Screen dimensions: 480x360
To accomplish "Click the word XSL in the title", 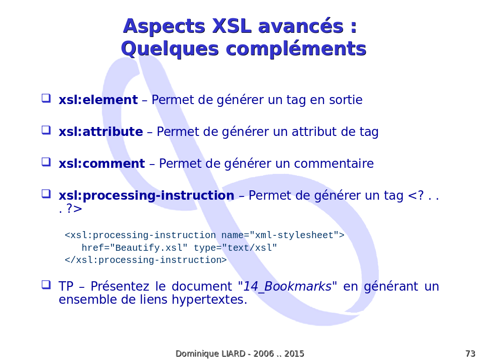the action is (x=232, y=26).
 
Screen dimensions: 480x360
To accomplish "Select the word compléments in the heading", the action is (x=296, y=49).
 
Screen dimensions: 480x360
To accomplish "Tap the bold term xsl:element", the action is (x=98, y=100).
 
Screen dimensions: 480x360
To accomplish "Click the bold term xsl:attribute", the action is (x=101, y=132).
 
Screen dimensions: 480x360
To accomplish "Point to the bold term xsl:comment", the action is (x=102, y=164).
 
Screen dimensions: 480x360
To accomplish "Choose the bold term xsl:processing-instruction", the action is (x=146, y=195).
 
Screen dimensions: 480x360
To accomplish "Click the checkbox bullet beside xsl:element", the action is (x=46, y=98).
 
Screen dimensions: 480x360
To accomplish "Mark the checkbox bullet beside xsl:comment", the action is (x=46, y=162).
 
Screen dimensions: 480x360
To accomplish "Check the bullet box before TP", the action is (x=46, y=285).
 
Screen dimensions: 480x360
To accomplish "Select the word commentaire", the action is (x=334, y=164).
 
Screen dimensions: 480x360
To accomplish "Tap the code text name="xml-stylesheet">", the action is (x=283, y=235).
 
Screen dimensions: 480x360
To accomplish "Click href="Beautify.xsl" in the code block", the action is (x=135, y=247).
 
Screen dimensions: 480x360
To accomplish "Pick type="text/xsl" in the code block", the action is (x=235, y=247).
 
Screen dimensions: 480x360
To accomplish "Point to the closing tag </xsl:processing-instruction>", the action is (x=146, y=260).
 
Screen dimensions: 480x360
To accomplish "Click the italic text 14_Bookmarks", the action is (x=287, y=286).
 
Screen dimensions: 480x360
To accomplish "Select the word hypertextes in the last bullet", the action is (x=210, y=300).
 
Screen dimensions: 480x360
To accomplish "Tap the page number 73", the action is (x=470, y=353).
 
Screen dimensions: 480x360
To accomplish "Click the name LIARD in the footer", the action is (x=233, y=353).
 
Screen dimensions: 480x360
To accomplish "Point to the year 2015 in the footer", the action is (x=294, y=353).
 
